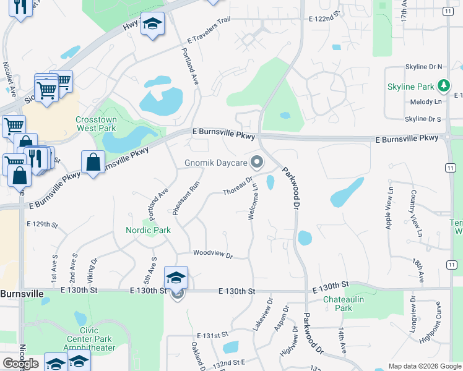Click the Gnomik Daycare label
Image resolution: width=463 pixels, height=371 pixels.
pyautogui.click(x=215, y=164)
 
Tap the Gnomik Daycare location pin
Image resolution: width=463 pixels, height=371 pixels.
pyautogui.click(x=257, y=163)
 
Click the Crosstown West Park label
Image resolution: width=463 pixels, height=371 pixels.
pyautogui.click(x=96, y=124)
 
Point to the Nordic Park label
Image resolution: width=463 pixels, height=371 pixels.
pyautogui.click(x=148, y=230)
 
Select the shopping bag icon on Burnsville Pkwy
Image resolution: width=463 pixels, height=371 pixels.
pyautogui.click(x=93, y=163)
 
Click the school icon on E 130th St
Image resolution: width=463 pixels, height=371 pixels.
pyautogui.click(x=176, y=278)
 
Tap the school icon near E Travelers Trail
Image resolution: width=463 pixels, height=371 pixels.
pyautogui.click(x=152, y=23)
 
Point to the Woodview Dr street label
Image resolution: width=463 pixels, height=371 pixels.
pyautogui.click(x=212, y=254)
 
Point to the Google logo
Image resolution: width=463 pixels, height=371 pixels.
pyautogui.click(x=20, y=364)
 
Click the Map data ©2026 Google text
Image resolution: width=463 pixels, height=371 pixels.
pyautogui.click(x=425, y=366)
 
